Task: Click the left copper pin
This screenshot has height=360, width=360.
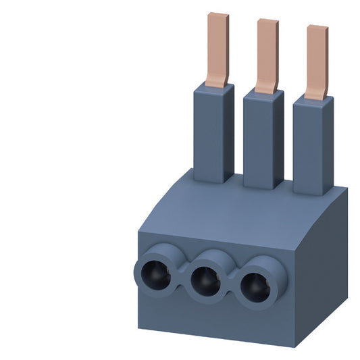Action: (217, 47)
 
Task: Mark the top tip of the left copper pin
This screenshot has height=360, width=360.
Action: (218, 15)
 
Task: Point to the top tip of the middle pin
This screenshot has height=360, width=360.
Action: (267, 20)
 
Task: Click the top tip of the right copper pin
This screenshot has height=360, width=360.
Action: (317, 28)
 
